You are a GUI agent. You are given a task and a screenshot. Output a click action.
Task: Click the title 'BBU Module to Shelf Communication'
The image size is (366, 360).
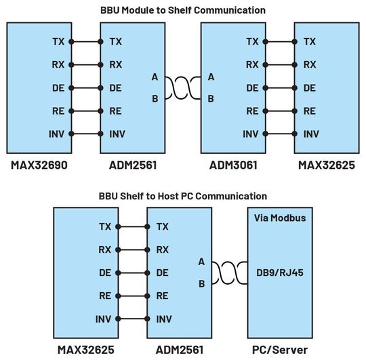[182, 9]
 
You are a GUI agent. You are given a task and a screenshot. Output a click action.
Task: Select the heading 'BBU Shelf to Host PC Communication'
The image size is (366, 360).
[183, 196]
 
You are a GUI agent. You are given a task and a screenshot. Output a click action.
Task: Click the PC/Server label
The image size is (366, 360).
[281, 350]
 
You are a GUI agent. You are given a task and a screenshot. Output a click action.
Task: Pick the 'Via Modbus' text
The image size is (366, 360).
[280, 219]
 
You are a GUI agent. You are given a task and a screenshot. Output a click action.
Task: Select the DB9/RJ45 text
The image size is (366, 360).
[280, 273]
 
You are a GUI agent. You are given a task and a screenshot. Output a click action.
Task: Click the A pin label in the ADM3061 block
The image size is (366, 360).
[211, 77]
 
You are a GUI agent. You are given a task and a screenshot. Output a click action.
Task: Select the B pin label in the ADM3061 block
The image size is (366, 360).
[211, 99]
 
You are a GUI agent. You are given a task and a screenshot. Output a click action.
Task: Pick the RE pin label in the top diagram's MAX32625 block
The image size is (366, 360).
[310, 111]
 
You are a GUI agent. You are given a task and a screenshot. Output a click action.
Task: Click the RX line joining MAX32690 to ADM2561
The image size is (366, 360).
[85, 65]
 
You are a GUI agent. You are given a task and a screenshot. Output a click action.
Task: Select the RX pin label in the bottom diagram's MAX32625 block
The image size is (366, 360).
[105, 249]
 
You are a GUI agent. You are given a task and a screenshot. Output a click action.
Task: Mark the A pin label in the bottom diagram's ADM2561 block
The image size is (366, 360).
[201, 262]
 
